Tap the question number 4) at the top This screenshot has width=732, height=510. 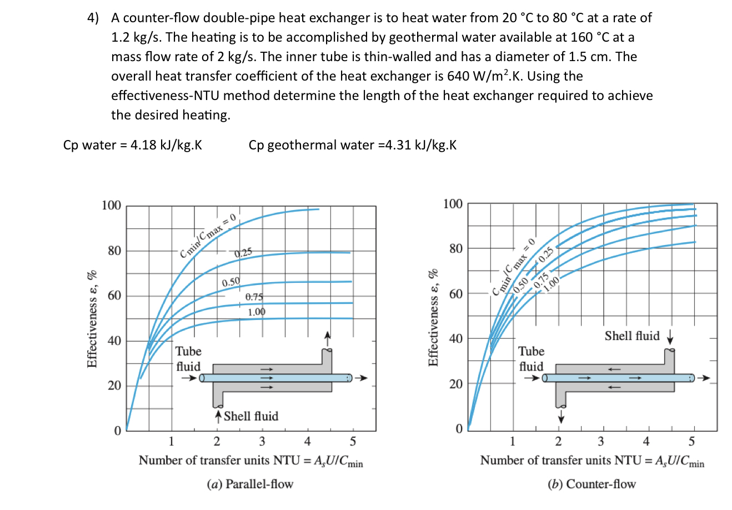(93, 18)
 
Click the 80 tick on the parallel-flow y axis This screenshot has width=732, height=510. (114, 251)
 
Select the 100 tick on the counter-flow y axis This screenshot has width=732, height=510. (453, 204)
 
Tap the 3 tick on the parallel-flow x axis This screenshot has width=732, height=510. (262, 442)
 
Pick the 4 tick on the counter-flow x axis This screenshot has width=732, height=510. (646, 442)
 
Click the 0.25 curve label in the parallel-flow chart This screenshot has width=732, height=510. (243, 253)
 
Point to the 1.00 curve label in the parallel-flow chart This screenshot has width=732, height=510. (257, 312)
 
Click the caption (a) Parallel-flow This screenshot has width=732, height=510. (250, 484)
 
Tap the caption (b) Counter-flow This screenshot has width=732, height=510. (591, 484)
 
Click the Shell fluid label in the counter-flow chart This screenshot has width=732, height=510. (632, 336)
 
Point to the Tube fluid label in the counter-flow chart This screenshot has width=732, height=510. (531, 358)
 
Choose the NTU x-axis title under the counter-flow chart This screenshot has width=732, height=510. (592, 461)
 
